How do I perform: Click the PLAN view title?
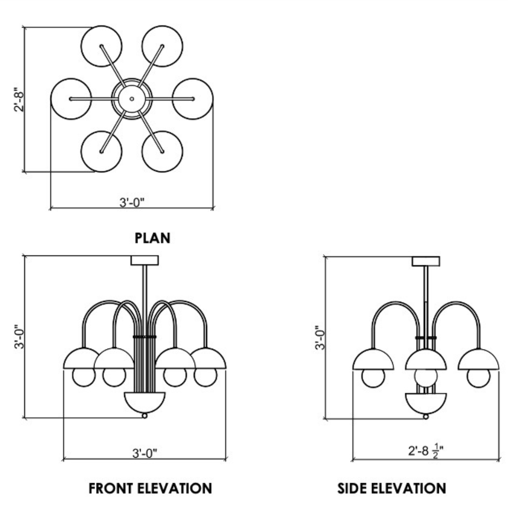[152, 238]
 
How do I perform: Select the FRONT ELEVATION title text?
[151, 488]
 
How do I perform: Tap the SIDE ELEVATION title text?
[392, 488]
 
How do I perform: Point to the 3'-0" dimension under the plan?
[132, 202]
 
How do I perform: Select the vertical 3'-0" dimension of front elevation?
[19, 336]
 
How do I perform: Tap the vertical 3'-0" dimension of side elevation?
[320, 336]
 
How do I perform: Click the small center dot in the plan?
[132, 99]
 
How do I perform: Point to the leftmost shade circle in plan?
[71, 99]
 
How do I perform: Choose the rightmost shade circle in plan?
[193, 99]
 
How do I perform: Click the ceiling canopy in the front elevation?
[145, 260]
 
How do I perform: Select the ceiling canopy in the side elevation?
[426, 261]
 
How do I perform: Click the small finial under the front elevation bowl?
[145, 415]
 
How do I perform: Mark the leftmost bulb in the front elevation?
[84, 377]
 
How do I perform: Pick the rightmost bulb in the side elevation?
[478, 377]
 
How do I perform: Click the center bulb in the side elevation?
[426, 377]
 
